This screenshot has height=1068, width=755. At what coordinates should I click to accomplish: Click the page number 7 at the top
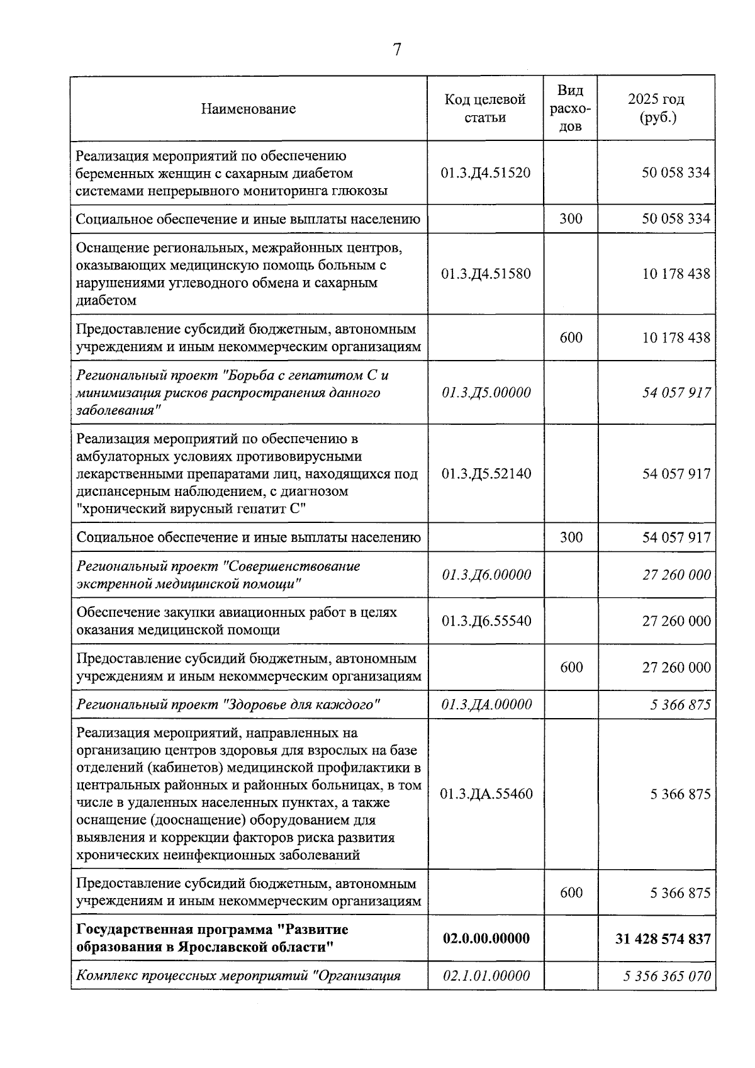point(397,50)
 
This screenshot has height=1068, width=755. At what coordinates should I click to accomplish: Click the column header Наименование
point(249,109)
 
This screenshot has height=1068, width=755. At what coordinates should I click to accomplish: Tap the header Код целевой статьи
point(485,108)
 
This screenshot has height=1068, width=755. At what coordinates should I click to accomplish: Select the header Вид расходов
point(570,108)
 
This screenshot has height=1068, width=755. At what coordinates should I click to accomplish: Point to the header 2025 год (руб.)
point(656,108)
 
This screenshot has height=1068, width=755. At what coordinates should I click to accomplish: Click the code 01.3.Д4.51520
point(486,172)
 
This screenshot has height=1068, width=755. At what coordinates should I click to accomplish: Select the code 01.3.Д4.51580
point(486,274)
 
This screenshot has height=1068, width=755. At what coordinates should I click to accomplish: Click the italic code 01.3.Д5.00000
point(486,393)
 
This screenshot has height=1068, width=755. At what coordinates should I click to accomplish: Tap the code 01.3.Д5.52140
point(486,474)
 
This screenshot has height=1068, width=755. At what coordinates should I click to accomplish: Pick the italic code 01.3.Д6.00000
point(486,575)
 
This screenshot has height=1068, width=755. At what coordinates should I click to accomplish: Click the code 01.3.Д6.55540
point(486,621)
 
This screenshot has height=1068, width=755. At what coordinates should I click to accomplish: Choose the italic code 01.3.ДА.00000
point(486,704)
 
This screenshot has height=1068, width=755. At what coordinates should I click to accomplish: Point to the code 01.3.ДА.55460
point(486,794)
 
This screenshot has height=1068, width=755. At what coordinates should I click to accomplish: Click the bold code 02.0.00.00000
point(486,938)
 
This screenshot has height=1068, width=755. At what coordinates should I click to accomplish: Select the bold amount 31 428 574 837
point(663,938)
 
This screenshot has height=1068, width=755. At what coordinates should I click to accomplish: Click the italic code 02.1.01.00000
point(486,976)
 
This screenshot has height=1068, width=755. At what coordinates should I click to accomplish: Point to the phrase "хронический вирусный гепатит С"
point(191,509)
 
